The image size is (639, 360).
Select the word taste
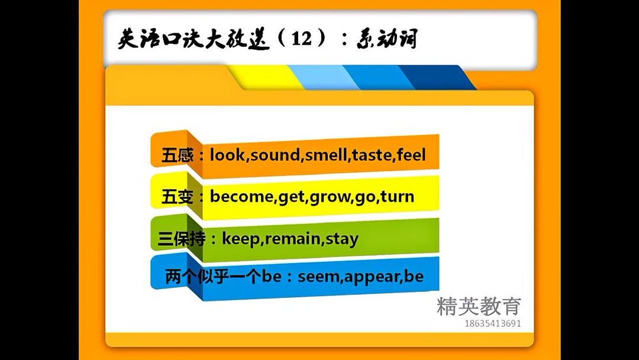[373, 156]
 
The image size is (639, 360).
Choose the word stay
[342, 239]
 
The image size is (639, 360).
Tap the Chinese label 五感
[176, 156]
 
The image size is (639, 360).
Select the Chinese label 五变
[176, 197]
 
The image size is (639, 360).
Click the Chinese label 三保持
[182, 239]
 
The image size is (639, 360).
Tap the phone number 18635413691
[493, 323]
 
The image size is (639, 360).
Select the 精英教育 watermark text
[479, 306]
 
